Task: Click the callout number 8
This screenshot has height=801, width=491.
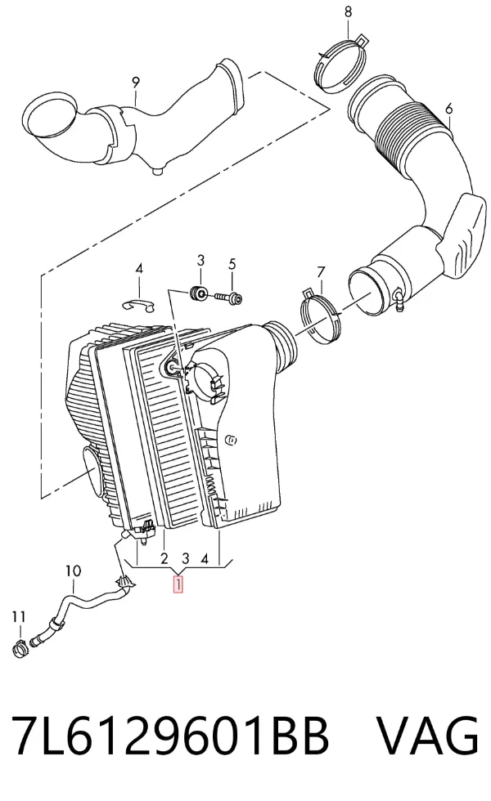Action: pyautogui.click(x=349, y=11)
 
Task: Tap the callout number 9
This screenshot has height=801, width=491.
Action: pyautogui.click(x=136, y=82)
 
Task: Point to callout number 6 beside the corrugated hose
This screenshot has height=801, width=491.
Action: pyautogui.click(x=449, y=109)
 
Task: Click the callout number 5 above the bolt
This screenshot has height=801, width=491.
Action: pyautogui.click(x=232, y=264)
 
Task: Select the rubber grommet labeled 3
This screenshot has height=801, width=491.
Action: pyautogui.click(x=198, y=293)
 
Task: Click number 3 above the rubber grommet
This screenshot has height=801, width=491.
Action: pyautogui.click(x=200, y=260)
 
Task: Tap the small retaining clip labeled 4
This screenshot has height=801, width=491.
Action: pyautogui.click(x=138, y=304)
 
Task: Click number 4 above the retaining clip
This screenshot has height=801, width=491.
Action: pyautogui.click(x=139, y=269)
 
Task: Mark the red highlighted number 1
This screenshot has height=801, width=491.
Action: pyautogui.click(x=178, y=584)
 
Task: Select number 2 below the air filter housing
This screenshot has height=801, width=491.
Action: pyautogui.click(x=164, y=558)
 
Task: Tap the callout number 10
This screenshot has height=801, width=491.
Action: pyautogui.click(x=73, y=571)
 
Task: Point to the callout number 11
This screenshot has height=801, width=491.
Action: pyautogui.click(x=18, y=617)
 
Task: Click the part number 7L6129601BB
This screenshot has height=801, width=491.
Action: pyautogui.click(x=169, y=736)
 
